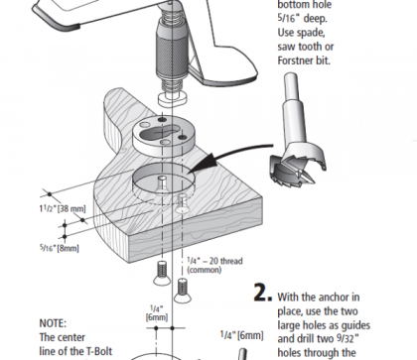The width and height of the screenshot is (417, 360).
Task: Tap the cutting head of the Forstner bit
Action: pos(298,162)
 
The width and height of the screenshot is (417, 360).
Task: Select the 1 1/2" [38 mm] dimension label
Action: pos(63,208)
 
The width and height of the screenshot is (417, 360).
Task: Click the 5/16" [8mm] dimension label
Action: pos(60,248)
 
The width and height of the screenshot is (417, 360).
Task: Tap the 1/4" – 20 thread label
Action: pos(214,261)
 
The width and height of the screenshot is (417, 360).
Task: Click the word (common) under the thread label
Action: pos(205,270)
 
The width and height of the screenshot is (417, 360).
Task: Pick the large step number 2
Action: pos(263,293)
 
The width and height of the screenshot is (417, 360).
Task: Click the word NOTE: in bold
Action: pos(53,323)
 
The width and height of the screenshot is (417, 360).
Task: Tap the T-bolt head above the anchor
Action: pos(173,99)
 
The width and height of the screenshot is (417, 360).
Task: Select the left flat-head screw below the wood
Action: pos(162,273)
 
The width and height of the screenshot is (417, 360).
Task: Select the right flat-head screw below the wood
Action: pos(183,291)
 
